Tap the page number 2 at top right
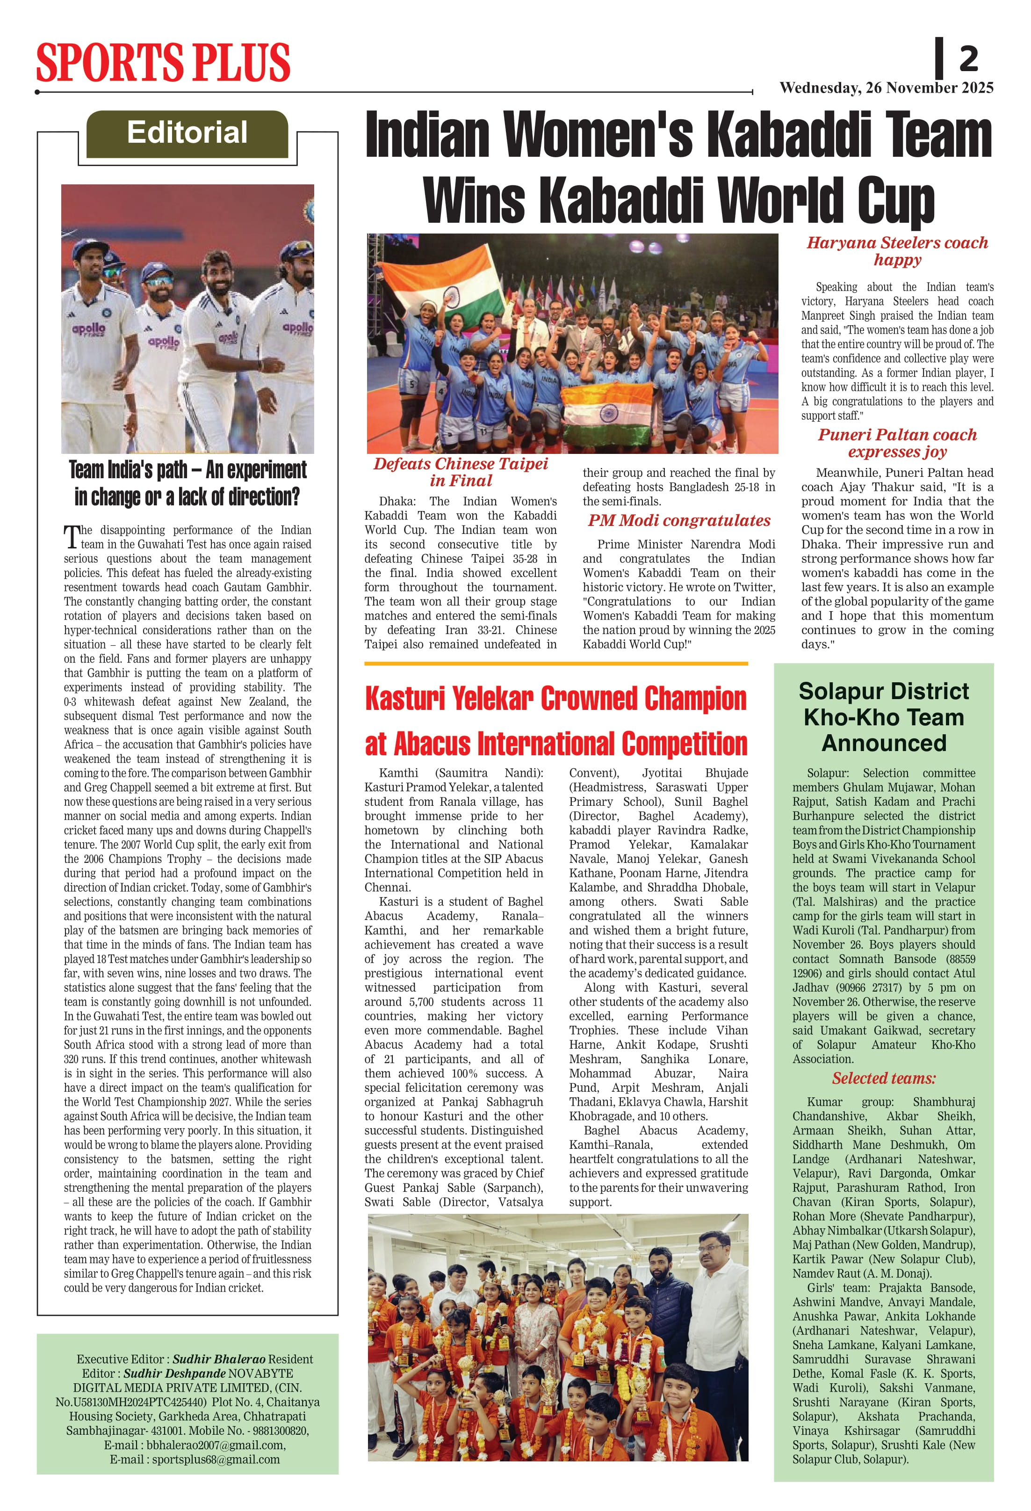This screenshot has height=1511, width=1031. pyautogui.click(x=968, y=58)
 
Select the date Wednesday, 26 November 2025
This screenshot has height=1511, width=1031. pyautogui.click(x=886, y=88)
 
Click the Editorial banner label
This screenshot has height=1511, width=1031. pyautogui.click(x=187, y=132)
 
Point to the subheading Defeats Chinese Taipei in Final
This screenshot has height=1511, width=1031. pyautogui.click(x=461, y=472)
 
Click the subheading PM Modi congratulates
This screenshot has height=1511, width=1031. pyautogui.click(x=679, y=521)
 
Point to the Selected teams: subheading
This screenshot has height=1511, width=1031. pyautogui.click(x=884, y=1078)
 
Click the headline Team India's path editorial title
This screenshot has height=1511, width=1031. pyautogui.click(x=187, y=483)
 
